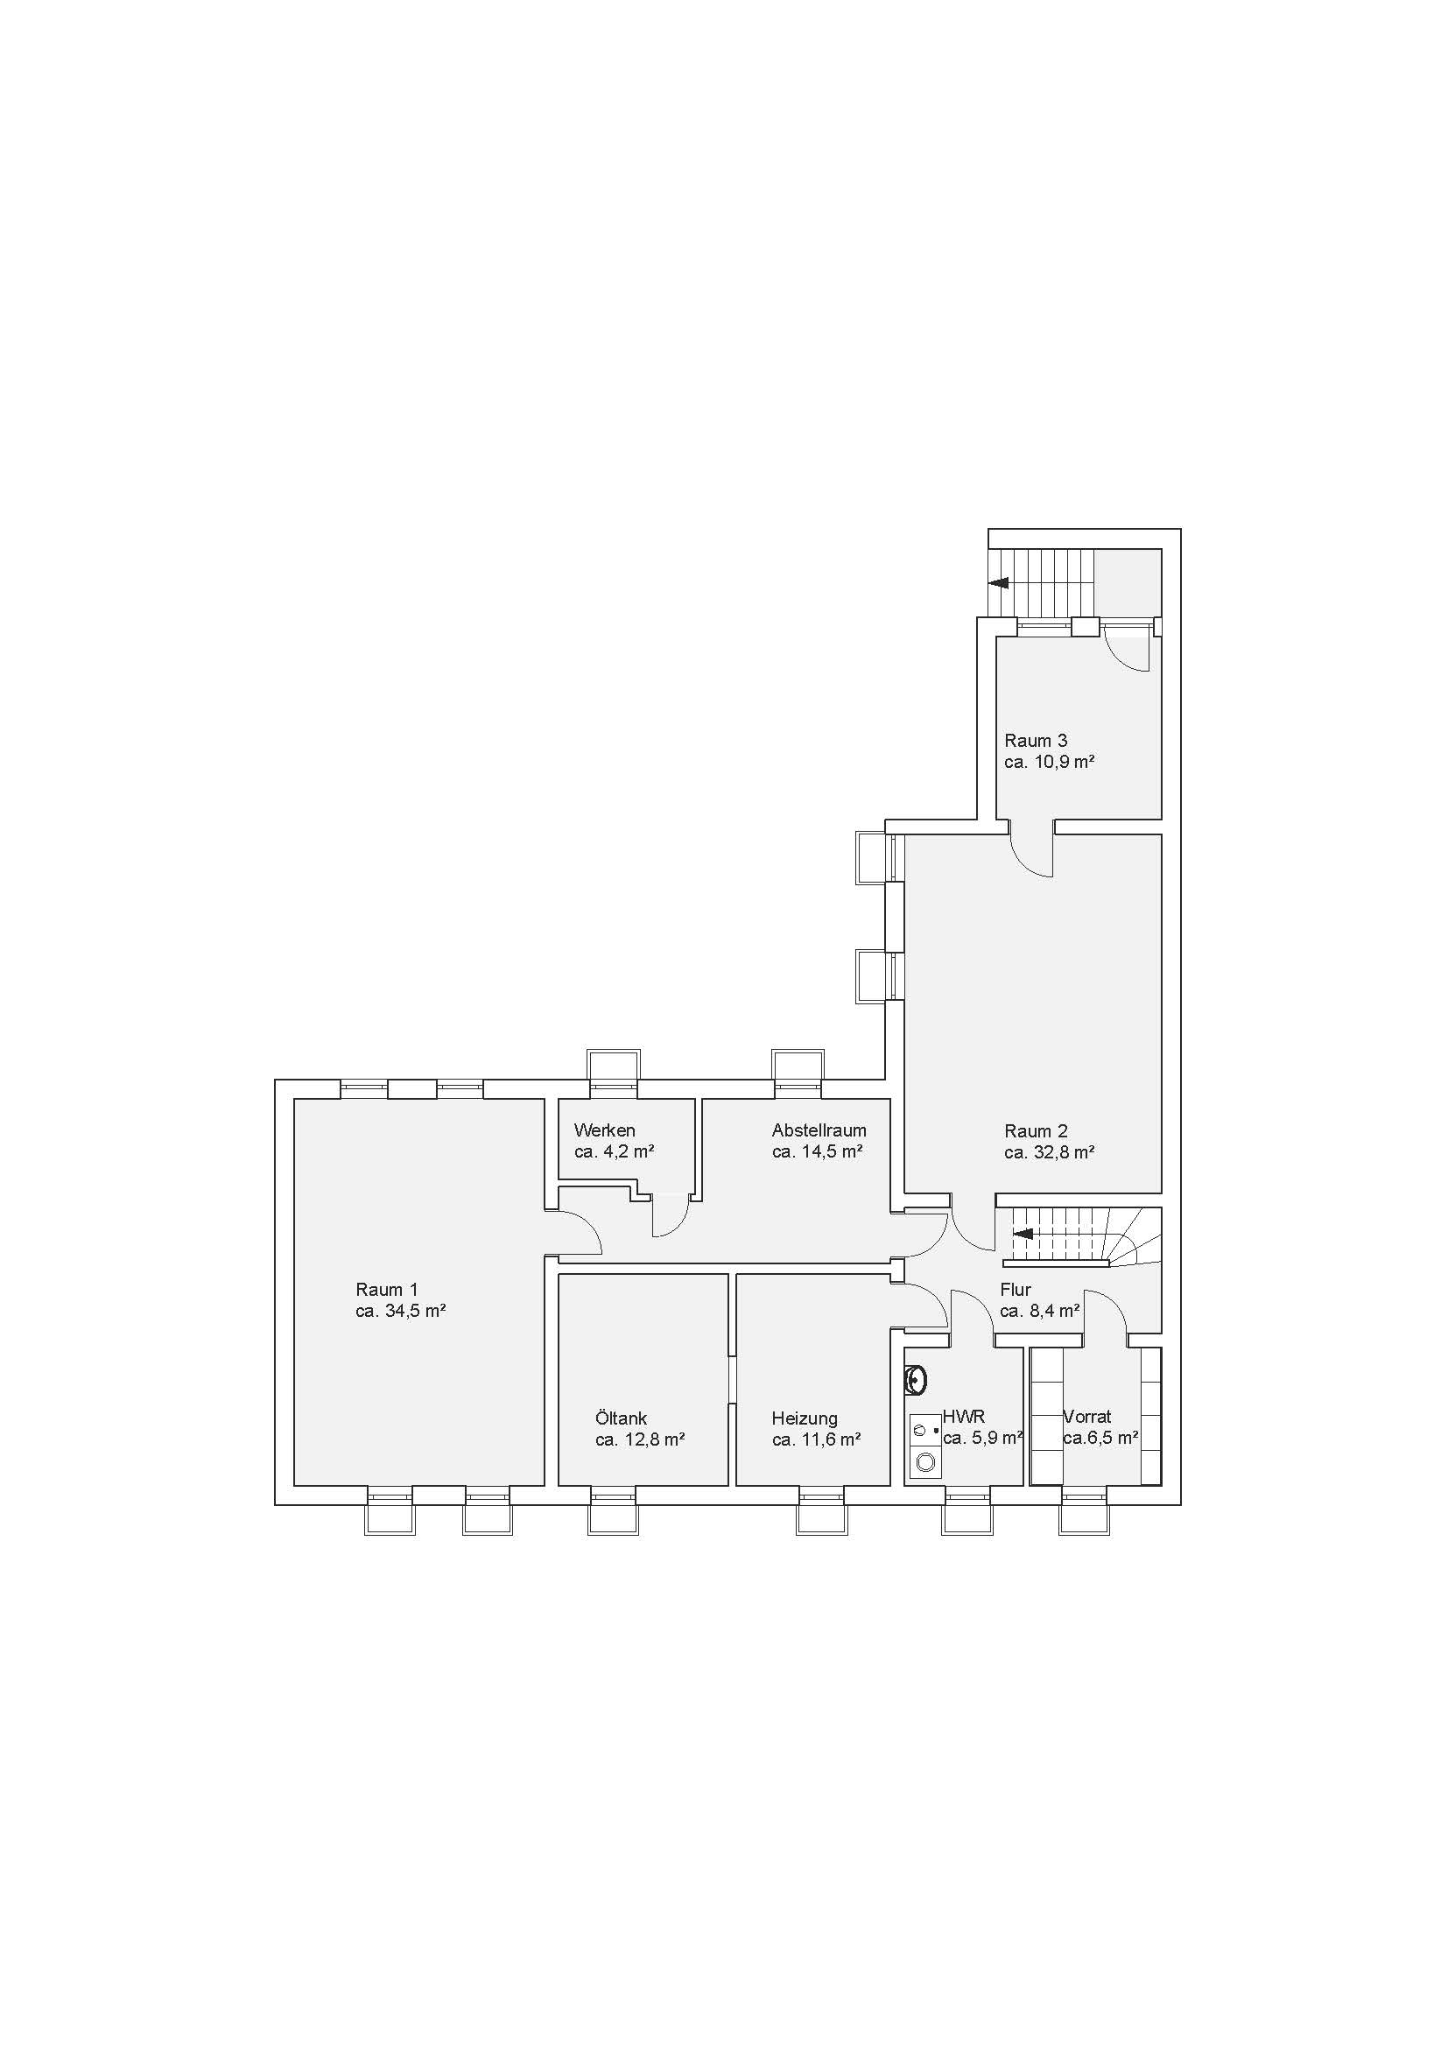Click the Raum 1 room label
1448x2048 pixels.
pos(386,1289)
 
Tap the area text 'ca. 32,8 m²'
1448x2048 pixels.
pos(1049,1151)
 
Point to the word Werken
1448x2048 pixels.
pos(605,1130)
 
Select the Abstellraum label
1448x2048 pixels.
pos(819,1130)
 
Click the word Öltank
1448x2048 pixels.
pos(622,1418)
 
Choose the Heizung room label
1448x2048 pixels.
pos(805,1418)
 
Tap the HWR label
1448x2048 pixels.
pos(964,1416)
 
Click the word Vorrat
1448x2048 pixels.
pos(1087,1416)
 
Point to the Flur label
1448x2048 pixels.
pos(1016,1289)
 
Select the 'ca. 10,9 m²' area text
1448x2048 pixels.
pos(1049,762)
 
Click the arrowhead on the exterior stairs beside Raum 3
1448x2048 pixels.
pos(999,582)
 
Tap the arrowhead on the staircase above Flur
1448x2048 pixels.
pos(1023,1234)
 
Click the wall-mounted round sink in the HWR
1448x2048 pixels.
pos(916,1382)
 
